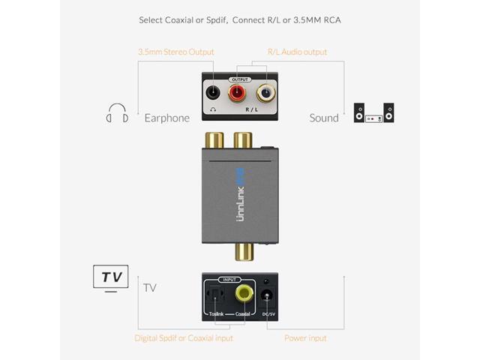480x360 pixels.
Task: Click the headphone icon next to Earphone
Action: coord(117,117)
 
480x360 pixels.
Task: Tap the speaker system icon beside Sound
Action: coord(374,113)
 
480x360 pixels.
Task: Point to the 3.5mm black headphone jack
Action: coord(214,94)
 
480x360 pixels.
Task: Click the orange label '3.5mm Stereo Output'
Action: coord(175,52)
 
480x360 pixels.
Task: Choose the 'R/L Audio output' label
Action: coord(297,52)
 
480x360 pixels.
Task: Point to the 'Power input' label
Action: coord(305,338)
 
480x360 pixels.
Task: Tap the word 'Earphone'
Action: coord(166,118)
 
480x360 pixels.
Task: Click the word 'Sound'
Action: coord(324,118)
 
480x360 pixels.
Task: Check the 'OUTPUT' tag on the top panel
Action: coord(240,79)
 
